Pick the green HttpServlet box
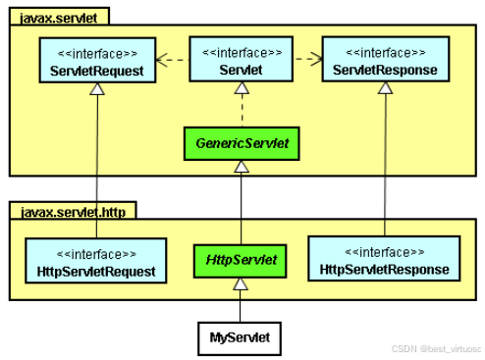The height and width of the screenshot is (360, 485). tap(241, 261)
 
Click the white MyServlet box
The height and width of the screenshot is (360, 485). tap(241, 338)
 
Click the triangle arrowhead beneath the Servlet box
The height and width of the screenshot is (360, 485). tap(241, 89)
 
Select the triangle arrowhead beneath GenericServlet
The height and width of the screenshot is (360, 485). tap(241, 167)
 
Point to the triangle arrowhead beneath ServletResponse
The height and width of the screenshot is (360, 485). tap(385, 89)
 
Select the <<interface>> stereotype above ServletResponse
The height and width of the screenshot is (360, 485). tap(385, 50)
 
